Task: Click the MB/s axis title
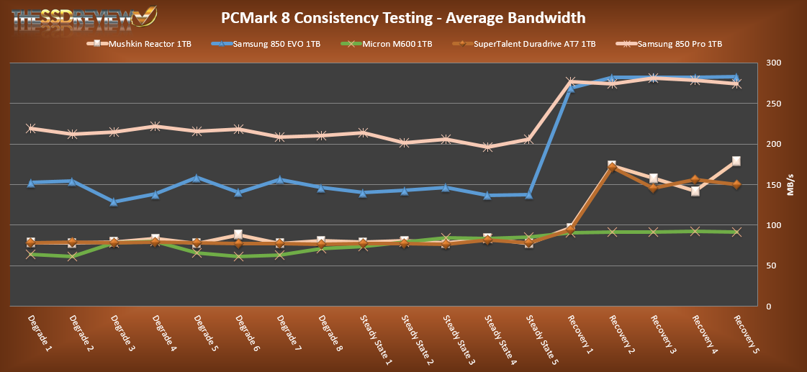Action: [x=793, y=184]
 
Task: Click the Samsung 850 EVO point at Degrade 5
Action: [x=196, y=177]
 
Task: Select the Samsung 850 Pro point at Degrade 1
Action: [x=30, y=129]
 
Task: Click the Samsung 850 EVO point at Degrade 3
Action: [x=113, y=202]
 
